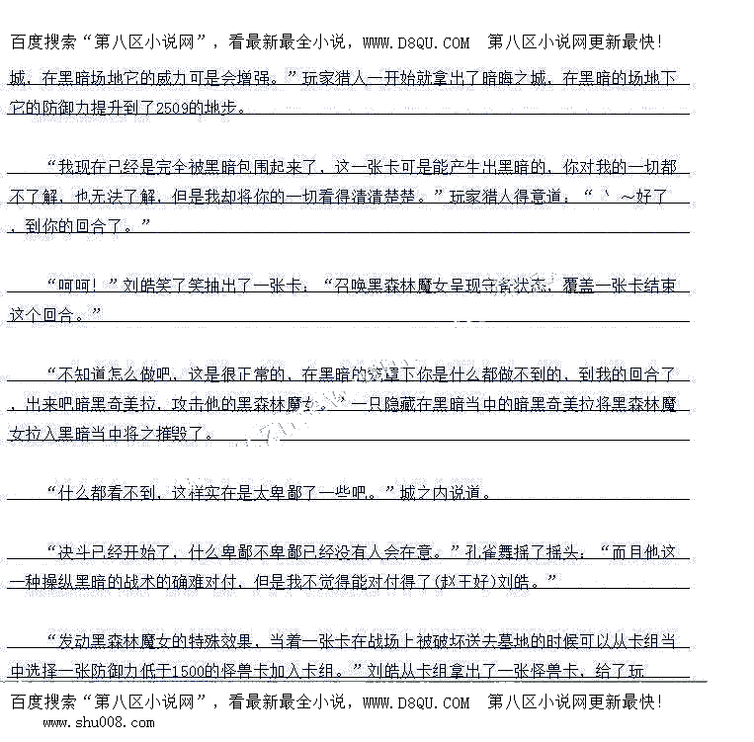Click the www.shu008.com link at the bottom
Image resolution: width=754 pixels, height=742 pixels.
(x=98, y=722)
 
